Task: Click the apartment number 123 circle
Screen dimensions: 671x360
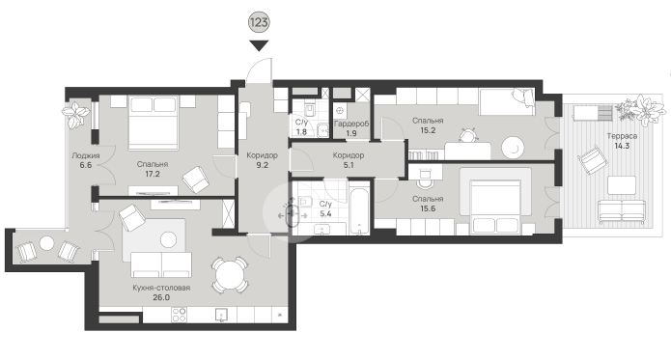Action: pos(259,22)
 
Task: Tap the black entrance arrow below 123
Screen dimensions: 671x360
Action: pos(259,45)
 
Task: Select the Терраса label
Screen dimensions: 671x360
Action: pos(622,136)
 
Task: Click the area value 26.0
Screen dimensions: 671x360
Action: pos(161,297)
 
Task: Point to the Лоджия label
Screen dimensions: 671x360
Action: pos(86,155)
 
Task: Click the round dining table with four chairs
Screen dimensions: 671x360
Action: pos(230,275)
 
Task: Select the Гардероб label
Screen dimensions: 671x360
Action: pos(350,124)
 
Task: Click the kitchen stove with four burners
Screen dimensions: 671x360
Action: pos(180,315)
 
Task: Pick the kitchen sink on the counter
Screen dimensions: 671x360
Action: pos(221,315)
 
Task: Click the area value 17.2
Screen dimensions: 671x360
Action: pos(153,174)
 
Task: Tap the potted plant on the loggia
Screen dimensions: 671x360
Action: pos(76,114)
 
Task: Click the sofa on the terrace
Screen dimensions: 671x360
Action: pos(622,211)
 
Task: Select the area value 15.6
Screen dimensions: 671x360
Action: pos(428,208)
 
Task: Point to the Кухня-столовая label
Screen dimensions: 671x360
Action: pos(161,288)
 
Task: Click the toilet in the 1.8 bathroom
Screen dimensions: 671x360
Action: pos(309,109)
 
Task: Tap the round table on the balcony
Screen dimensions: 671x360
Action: pos(46,244)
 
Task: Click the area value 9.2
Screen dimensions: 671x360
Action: pos(262,165)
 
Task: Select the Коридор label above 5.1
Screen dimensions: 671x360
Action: pos(349,155)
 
